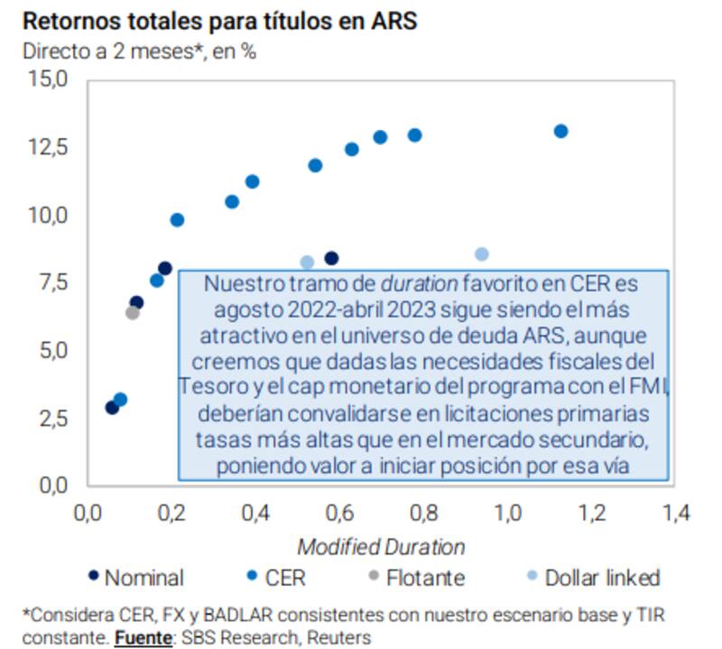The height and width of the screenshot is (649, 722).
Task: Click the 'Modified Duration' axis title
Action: (382, 547)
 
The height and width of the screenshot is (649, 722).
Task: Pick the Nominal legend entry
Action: (135, 578)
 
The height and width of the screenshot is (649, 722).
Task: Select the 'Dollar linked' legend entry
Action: (591, 578)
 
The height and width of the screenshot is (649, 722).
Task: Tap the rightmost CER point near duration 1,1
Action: (560, 131)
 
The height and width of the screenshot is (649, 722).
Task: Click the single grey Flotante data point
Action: (133, 312)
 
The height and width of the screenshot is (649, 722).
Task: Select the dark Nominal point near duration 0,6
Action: (331, 259)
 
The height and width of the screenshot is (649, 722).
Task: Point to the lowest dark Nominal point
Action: (112, 407)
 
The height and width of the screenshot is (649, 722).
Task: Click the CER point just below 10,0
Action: (177, 219)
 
